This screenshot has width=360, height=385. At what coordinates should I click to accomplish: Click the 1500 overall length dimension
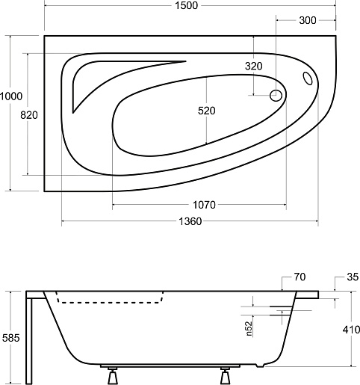(187, 5)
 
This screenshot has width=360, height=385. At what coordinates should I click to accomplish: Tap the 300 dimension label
(308, 20)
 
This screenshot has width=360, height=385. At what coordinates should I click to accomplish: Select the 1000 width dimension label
(11, 96)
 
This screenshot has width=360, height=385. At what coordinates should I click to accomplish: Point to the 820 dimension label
(29, 115)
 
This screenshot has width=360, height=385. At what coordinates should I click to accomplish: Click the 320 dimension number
(254, 66)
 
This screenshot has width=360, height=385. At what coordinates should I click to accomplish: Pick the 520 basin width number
(207, 111)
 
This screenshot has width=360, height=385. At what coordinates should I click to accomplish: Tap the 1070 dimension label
(204, 205)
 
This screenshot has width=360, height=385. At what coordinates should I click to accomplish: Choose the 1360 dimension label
(190, 221)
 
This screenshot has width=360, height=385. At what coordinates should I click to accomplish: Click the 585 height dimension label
(10, 338)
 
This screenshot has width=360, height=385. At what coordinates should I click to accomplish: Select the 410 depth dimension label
(351, 330)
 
